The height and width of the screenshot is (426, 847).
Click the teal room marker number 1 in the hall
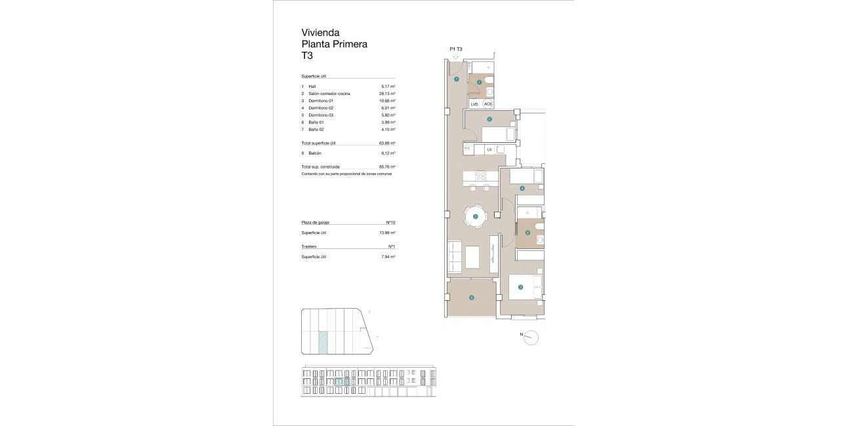coord(456,79)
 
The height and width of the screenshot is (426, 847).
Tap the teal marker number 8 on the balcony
coord(471,298)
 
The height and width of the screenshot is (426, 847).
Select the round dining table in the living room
coord(476,216)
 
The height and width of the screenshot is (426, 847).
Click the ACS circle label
coord(487,104)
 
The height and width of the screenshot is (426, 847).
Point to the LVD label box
coord(474,104)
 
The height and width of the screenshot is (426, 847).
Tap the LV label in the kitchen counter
coord(489,149)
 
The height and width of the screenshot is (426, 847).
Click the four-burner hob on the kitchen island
coord(480,176)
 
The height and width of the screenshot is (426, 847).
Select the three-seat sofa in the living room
coord(454,257)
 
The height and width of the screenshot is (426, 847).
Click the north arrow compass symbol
coord(531,338)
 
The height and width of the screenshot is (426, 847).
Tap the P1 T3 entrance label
coord(456,49)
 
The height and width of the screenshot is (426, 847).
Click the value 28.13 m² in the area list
coord(388,94)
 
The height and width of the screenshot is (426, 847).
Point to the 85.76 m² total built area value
coord(388,167)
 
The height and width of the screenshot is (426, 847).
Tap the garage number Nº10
coord(390,223)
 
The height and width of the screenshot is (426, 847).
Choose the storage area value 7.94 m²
coord(388,257)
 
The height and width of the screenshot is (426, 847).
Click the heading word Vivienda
coord(320,32)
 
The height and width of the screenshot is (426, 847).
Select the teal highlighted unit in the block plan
coord(323,343)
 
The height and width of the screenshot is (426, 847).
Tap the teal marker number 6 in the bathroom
coord(527,232)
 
